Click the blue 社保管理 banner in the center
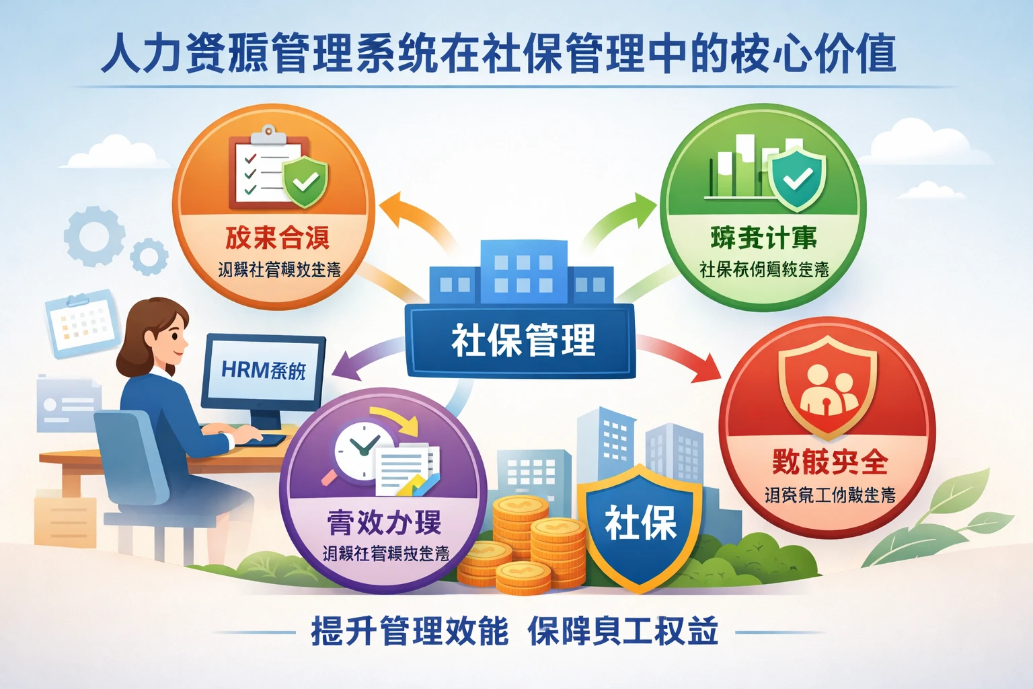tap(521, 340)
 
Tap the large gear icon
tap(94, 236)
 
